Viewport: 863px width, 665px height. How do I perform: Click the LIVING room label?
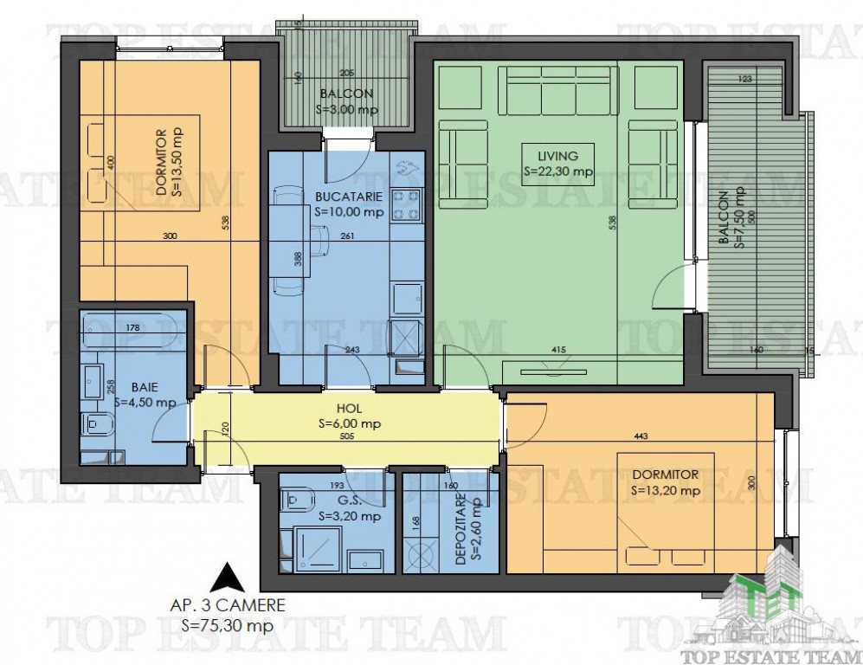[x=557, y=157]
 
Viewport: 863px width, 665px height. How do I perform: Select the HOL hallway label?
[x=349, y=409]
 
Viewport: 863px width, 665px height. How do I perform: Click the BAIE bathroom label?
[x=145, y=388]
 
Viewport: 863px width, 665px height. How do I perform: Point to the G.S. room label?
[x=350, y=501]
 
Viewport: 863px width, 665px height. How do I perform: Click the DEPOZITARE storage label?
[x=461, y=528]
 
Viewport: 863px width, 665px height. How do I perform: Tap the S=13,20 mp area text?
[x=666, y=490]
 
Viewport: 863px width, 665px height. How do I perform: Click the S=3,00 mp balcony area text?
[x=347, y=109]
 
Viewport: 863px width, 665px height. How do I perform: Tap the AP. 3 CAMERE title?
[x=228, y=606]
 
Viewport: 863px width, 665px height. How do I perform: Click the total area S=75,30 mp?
[x=228, y=625]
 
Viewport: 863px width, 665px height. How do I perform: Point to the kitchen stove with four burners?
[x=407, y=205]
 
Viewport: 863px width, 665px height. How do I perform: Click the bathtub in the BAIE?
[x=129, y=330]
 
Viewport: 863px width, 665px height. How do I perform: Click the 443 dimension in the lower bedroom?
[x=641, y=436]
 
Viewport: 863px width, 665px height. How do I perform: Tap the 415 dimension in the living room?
[x=558, y=350]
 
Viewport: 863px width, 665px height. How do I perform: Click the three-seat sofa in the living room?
[x=557, y=88]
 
